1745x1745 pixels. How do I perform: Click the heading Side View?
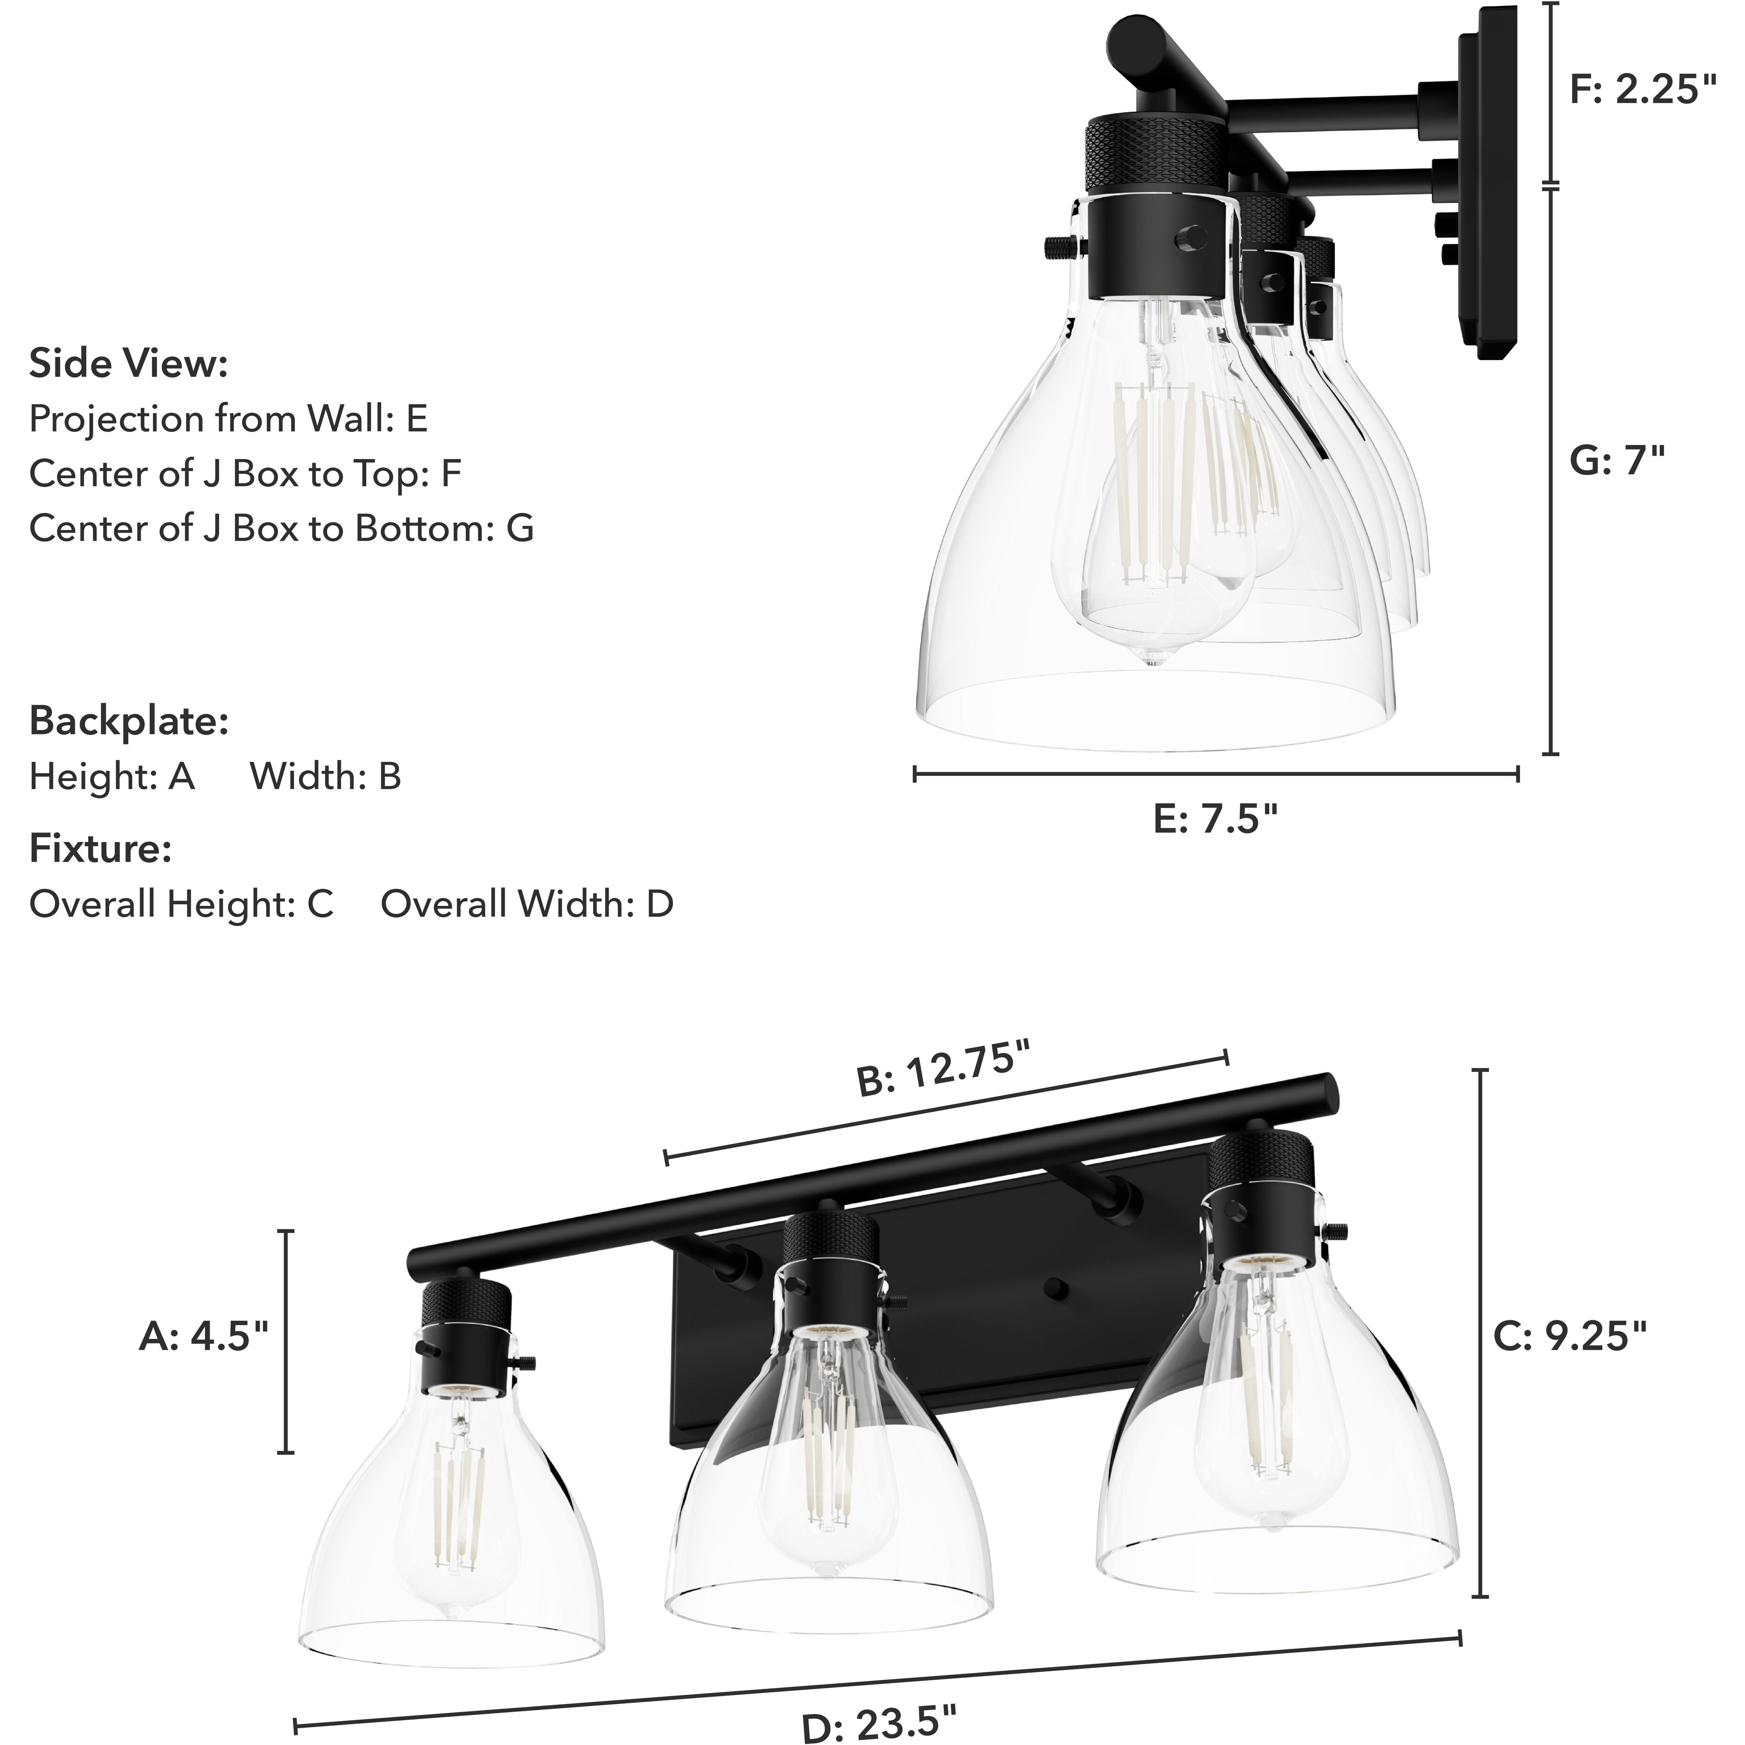pyautogui.click(x=129, y=364)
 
